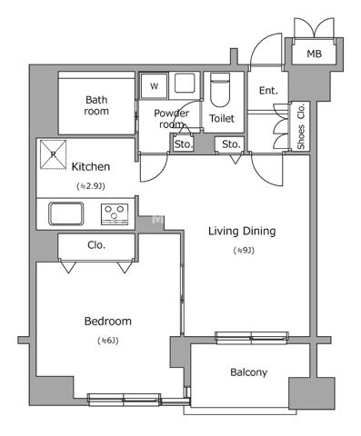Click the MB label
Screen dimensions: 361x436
pyautogui.click(x=314, y=54)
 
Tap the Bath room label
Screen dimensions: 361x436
pyautogui.click(x=96, y=105)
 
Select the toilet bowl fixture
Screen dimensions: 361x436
pyautogui.click(x=220, y=90)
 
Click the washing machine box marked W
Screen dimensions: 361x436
pyautogui.click(x=154, y=86)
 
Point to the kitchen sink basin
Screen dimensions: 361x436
pyautogui.click(x=66, y=213)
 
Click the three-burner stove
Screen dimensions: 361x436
pyautogui.click(x=115, y=214)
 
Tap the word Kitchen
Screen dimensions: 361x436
pyautogui.click(x=91, y=166)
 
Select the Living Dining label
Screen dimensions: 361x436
pyautogui.click(x=242, y=232)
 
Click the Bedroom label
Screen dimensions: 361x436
pyautogui.click(x=108, y=322)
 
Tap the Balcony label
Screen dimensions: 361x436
pyautogui.click(x=248, y=372)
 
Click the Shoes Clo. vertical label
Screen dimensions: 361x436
pyautogui.click(x=301, y=126)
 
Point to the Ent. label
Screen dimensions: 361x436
pyautogui.click(x=268, y=90)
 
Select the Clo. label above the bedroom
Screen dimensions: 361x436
pyautogui.click(x=96, y=245)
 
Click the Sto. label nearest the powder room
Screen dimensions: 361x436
pyautogui.click(x=184, y=144)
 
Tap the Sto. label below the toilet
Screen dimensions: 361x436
pyautogui.click(x=231, y=144)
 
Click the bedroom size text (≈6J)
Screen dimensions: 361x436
pyautogui.click(x=108, y=341)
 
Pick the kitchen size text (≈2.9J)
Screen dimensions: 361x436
pyautogui.click(x=91, y=186)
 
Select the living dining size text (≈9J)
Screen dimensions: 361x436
pyautogui.click(x=244, y=251)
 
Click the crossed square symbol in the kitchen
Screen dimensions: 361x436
pyautogui.click(x=54, y=154)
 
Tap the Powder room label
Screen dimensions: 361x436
pyautogui.click(x=171, y=118)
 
